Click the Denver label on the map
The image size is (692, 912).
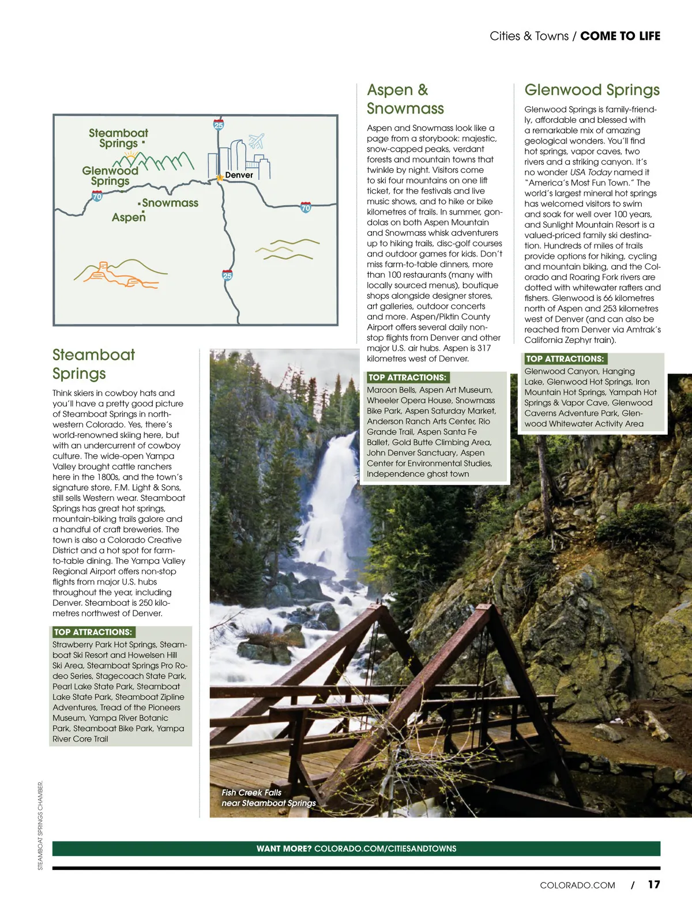coord(239,175)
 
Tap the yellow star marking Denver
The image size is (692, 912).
coord(220,178)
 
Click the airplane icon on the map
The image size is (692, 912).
coord(256,140)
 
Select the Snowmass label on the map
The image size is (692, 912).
coord(170,203)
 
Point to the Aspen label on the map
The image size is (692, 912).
coord(129,217)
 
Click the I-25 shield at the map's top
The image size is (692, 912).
coord(219,125)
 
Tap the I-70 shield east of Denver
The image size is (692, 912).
coord(306,208)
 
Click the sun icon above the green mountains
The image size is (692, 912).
coord(132,154)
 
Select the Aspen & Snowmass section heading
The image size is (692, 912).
coord(405,99)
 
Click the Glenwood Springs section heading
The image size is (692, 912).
coord(592,90)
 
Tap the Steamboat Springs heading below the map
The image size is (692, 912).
coord(93,364)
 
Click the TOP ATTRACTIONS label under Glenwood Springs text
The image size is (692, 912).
coord(565,359)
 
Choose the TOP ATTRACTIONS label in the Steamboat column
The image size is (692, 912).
coord(93,632)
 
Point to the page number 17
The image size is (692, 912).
coord(653,884)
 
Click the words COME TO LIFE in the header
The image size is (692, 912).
coord(620,36)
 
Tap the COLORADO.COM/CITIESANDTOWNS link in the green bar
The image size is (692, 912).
coord(385,849)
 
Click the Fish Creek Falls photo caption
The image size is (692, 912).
coord(268,798)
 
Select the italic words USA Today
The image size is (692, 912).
coord(591,172)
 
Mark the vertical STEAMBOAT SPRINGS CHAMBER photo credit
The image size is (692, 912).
coord(40,825)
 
